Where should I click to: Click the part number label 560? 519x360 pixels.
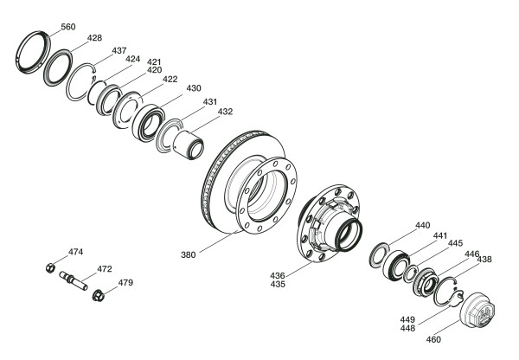click(x=68, y=27)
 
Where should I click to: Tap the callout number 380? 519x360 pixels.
click(x=189, y=254)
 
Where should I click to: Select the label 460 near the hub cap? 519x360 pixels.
click(x=433, y=339)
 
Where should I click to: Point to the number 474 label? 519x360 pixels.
click(x=76, y=252)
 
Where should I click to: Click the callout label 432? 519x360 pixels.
click(x=226, y=112)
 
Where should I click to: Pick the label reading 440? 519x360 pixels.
click(x=423, y=226)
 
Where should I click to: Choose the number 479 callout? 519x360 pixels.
click(x=125, y=282)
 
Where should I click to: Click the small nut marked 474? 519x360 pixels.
click(x=50, y=267)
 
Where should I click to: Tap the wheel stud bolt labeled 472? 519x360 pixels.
click(x=74, y=280)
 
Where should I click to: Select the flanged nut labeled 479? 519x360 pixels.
click(x=98, y=295)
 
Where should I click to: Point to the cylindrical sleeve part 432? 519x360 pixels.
click(x=188, y=145)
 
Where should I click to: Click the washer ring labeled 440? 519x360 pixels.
click(x=380, y=255)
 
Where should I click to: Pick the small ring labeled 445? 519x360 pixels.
click(x=410, y=274)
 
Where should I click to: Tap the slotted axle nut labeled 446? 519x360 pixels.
click(x=426, y=282)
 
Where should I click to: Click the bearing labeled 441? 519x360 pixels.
click(x=397, y=267)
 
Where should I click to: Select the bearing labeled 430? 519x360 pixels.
click(x=148, y=123)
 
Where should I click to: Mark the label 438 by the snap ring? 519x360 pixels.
click(x=484, y=260)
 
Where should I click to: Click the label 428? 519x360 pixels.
click(x=94, y=38)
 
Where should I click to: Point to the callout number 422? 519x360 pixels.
click(x=170, y=80)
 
